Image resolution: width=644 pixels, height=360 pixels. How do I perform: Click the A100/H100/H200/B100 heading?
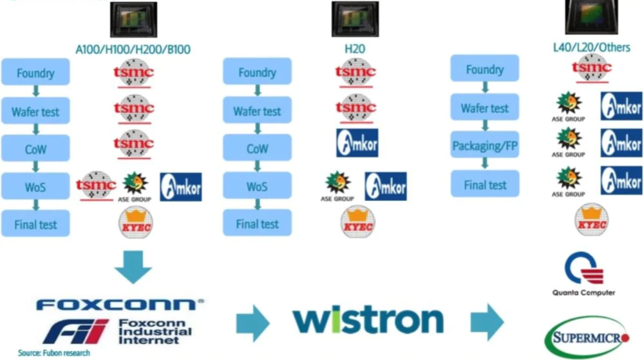point(133,49)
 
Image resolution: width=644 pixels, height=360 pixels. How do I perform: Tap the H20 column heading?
point(355,49)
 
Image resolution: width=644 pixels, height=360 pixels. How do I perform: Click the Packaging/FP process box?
point(485,146)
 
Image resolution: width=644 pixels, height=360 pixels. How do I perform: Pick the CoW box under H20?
point(257,148)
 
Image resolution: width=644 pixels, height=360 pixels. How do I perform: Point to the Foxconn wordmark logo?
point(116,304)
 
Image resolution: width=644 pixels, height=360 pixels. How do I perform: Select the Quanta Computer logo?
point(583,274)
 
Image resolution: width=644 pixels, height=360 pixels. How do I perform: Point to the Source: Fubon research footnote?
point(54,353)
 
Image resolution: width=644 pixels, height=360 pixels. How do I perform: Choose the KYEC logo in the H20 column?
point(358,223)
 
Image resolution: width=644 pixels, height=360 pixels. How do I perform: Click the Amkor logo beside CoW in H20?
point(357,143)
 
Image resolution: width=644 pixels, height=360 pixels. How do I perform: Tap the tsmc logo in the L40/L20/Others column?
point(591,67)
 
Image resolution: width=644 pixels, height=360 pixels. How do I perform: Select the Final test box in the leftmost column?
point(35,225)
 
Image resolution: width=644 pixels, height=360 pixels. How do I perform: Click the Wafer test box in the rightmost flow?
point(485,108)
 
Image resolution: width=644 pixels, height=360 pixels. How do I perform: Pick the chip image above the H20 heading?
point(355,19)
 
